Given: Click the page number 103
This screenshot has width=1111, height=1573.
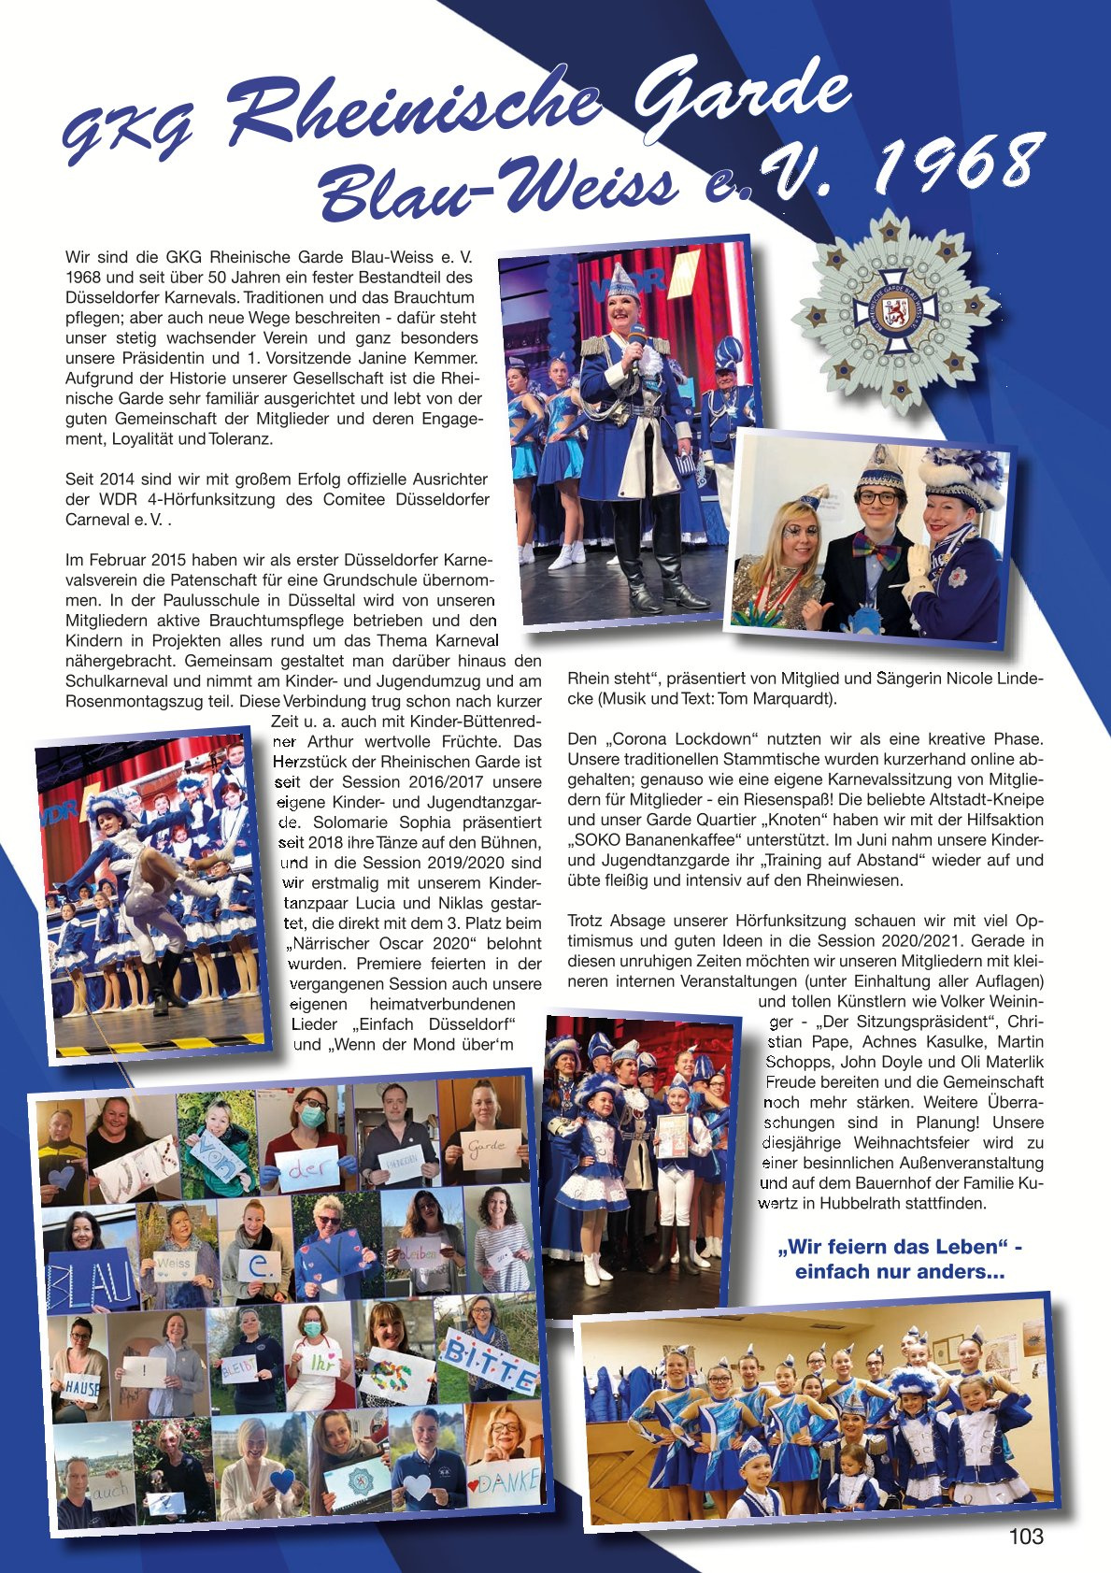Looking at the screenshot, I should (x=1026, y=1537).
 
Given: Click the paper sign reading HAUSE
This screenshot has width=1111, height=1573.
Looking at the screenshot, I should (x=81, y=1387).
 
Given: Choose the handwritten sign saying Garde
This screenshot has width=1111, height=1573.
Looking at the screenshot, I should (x=487, y=1146).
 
